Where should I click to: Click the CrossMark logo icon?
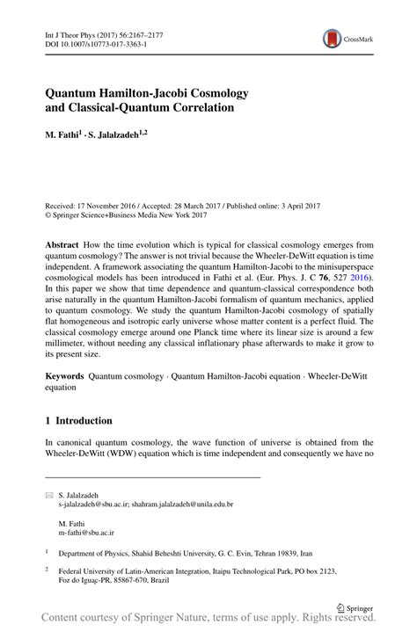(x=333, y=37)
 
